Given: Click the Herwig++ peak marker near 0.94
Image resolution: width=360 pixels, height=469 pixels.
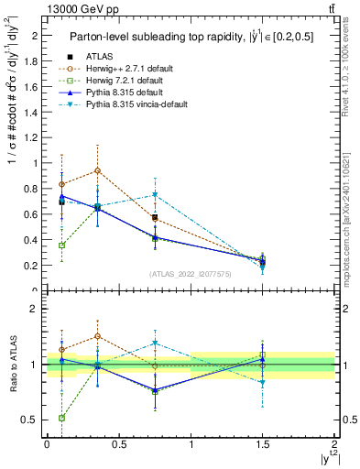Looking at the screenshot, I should (x=97, y=170).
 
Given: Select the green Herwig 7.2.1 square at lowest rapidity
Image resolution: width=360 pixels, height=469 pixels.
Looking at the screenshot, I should (x=61, y=245).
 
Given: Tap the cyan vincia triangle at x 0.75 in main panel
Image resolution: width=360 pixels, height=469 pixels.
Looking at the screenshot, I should (x=155, y=195).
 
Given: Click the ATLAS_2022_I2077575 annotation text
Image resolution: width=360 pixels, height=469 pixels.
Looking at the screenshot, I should (x=191, y=274).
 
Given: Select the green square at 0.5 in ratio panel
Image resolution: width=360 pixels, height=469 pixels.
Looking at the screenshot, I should (x=61, y=418).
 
